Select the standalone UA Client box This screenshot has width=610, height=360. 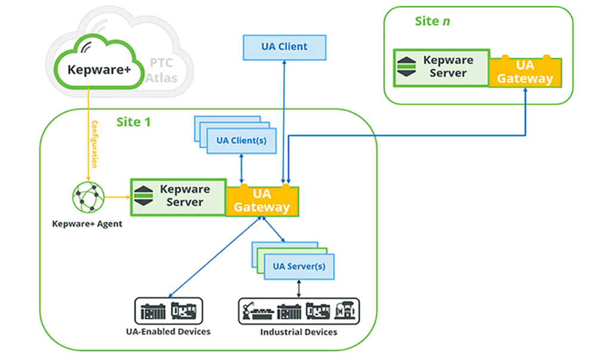[x=285, y=47]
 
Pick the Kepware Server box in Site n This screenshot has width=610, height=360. [x=441, y=67]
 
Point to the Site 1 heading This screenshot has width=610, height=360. [x=133, y=122]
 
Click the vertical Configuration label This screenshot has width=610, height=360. [x=94, y=144]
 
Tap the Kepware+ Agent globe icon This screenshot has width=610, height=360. [x=88, y=198]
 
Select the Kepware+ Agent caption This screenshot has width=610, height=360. [x=88, y=224]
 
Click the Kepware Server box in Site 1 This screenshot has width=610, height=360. [x=178, y=196]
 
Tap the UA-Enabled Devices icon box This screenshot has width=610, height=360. [x=169, y=311]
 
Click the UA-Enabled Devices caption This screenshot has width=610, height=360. [x=168, y=331]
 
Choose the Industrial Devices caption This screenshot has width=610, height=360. [x=298, y=332]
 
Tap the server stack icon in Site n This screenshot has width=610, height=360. [x=406, y=67]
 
